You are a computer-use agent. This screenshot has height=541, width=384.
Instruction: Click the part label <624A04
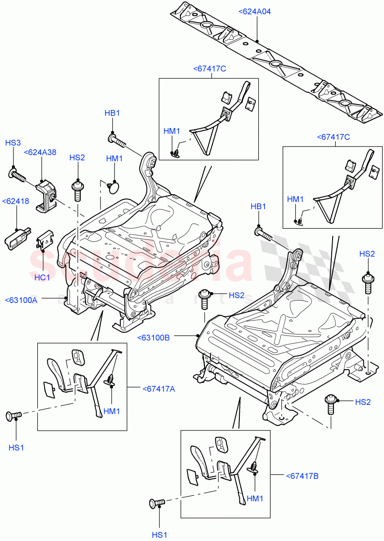pos(255,12)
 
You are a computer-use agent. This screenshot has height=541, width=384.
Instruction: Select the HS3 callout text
pos(13,143)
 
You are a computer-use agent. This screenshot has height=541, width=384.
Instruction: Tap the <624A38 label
pos(40,152)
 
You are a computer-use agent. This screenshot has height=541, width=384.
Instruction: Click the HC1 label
pos(42,277)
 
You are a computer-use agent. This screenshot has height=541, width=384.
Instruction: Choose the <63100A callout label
pos(21,300)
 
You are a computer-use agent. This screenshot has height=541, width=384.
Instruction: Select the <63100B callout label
pos(153,337)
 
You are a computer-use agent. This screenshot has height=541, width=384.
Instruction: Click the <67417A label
pos(158,389)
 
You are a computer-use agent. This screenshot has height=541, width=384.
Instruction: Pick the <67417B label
pos(302,476)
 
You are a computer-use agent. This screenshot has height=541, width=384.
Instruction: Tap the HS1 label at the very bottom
pos(160,535)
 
